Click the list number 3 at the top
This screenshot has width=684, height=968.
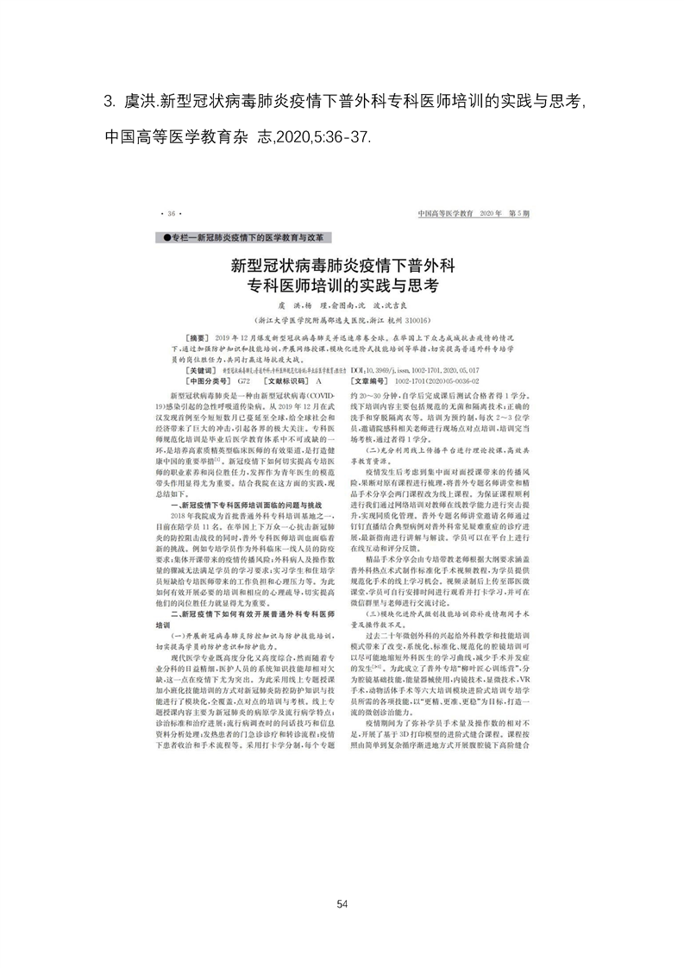[x=108, y=103]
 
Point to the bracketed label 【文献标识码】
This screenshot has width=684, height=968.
[x=275, y=380]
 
